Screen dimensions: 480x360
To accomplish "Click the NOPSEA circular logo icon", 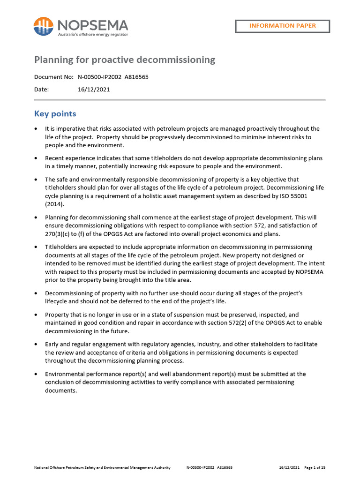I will click(x=43, y=26).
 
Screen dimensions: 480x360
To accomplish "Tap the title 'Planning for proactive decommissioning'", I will click(x=125, y=60).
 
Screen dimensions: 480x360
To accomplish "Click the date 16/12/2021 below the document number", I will click(x=94, y=90).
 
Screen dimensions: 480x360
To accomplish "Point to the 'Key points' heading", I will click(x=55, y=114).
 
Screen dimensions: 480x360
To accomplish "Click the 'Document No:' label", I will click(x=54, y=77).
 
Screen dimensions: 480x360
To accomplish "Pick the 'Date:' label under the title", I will click(x=42, y=90).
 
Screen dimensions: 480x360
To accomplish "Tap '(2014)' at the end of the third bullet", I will click(x=54, y=205).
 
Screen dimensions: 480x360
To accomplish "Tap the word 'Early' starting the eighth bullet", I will click(x=53, y=344).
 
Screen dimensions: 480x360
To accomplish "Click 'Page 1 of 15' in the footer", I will click(x=315, y=467).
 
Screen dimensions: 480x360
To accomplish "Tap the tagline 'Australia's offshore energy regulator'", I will click(x=93, y=34).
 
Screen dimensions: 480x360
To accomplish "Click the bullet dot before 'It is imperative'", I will click(x=37, y=129).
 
